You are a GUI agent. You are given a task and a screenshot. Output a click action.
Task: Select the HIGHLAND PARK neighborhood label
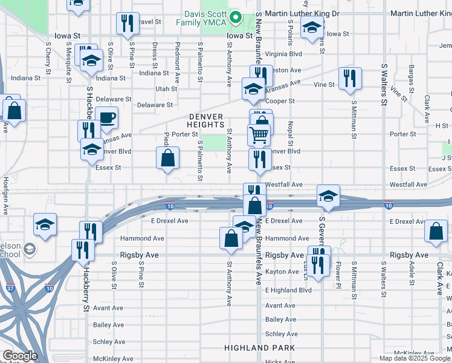click(260, 348)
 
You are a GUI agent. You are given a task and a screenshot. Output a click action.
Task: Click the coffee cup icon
click(107, 118)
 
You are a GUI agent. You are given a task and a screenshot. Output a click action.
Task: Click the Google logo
click(19, 356)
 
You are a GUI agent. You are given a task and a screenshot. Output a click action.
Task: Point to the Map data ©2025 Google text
click(415, 358)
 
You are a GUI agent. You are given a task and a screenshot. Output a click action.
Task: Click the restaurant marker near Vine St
click(350, 78)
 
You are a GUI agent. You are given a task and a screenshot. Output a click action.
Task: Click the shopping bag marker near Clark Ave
click(436, 231)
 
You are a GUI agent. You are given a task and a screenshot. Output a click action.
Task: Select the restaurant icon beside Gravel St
click(128, 24)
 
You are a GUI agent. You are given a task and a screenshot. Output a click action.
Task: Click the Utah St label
click(167, 89)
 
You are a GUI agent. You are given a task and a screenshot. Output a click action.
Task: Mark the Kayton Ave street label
click(282, 272)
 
